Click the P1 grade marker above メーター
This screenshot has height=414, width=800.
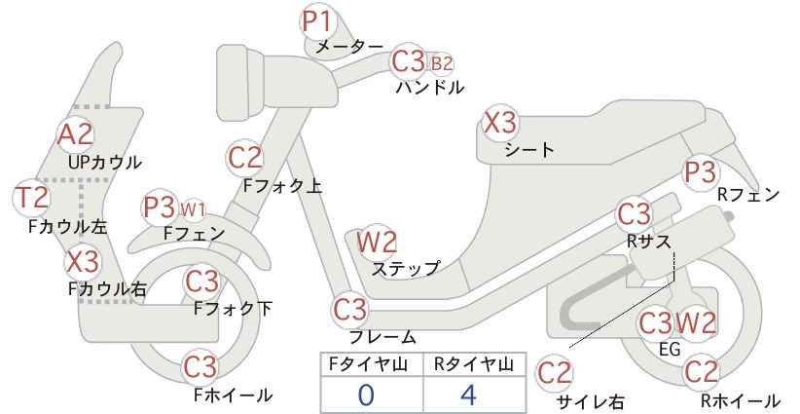tap(317, 21)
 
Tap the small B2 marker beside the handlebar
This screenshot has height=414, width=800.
tap(442, 64)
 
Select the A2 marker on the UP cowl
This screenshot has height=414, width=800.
tap(75, 134)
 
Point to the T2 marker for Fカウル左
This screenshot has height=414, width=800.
tap(30, 198)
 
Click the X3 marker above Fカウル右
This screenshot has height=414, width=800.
tap(83, 262)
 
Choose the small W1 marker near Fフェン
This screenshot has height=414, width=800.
tap(193, 209)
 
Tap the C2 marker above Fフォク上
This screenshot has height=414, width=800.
tap(245, 157)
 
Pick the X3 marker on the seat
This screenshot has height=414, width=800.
tap(500, 123)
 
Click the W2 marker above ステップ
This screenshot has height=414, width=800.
tap(377, 242)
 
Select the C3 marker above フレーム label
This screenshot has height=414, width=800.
tap(350, 310)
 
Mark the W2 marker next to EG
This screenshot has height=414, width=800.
tap(696, 323)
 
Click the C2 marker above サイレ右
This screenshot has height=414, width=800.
tap(555, 373)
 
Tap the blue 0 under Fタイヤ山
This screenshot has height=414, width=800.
tap(366, 395)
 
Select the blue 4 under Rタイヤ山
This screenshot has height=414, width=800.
tap(468, 395)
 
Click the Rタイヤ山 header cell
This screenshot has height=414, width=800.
tap(474, 364)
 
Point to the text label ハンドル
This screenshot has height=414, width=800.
tap(430, 88)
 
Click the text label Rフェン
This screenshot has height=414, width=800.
tap(748, 195)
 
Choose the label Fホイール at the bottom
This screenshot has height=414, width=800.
tap(234, 395)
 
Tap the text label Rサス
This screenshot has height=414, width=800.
tap(649, 242)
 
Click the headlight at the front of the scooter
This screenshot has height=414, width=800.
tap(240, 83)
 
